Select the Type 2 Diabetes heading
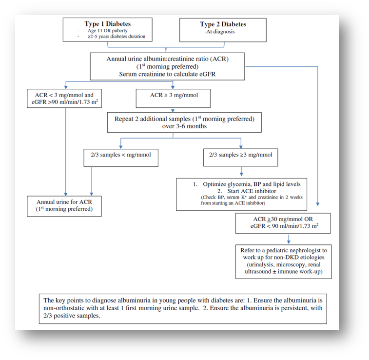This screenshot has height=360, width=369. tap(223, 24)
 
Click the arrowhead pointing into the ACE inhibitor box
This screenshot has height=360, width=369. tap(241, 175)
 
